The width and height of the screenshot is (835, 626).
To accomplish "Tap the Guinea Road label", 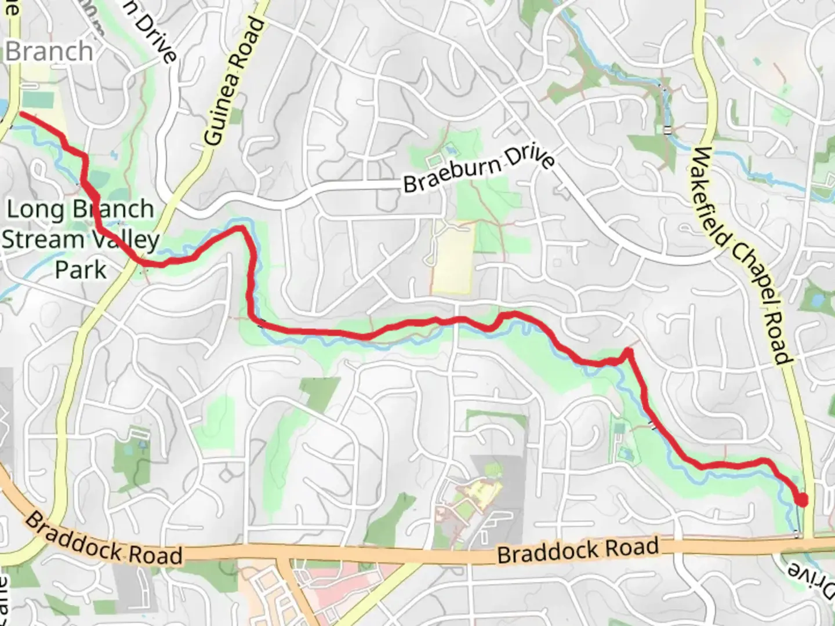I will [235, 81].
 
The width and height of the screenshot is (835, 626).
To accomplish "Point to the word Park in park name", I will [81, 270].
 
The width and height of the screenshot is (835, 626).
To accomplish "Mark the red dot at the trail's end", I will [802, 499].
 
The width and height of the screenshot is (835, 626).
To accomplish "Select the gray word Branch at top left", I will [49, 52].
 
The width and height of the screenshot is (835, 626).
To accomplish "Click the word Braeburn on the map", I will [452, 174].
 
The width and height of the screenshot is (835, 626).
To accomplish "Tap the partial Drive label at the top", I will [154, 35].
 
